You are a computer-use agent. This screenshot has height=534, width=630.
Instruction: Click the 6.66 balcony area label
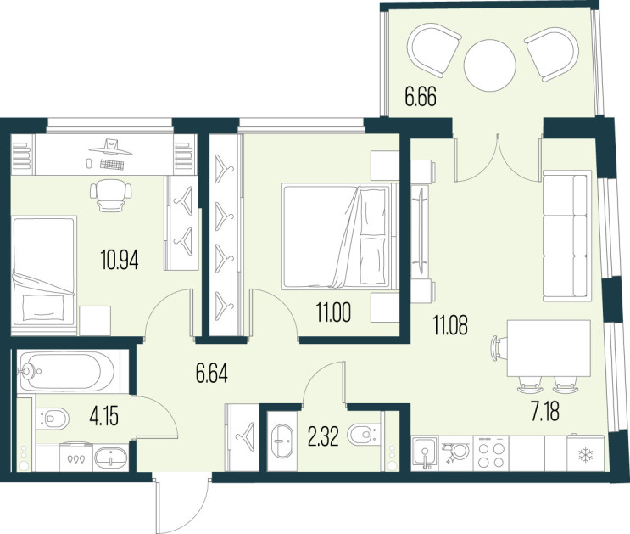421,98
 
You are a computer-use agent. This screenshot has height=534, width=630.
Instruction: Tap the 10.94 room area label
120,260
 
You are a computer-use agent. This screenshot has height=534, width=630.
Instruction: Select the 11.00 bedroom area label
333,312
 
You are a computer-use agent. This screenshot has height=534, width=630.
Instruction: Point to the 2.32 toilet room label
323,437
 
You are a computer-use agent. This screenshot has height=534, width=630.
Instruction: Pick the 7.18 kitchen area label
545,413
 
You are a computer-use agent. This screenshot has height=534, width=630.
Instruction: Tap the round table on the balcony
489,65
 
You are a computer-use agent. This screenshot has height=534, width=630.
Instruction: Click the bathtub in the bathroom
66,371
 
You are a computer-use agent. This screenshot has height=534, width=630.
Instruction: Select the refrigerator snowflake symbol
585,455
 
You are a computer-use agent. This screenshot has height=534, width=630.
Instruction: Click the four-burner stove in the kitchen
491,453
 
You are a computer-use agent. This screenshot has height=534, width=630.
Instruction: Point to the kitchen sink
425,453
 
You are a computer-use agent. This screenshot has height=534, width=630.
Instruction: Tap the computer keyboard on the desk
112,164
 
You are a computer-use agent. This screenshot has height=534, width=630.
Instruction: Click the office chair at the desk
111,195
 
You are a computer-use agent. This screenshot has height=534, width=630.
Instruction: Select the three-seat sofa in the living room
567,236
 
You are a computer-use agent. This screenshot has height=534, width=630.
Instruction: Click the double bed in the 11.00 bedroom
337,237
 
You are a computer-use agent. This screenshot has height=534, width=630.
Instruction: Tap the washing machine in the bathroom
76,457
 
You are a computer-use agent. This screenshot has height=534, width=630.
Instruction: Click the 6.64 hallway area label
212,374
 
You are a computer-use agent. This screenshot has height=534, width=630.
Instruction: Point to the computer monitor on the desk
110,147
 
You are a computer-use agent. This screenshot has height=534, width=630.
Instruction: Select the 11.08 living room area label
450,325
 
